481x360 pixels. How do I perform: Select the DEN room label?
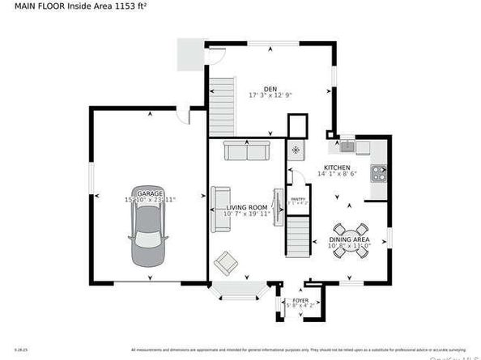point(270,89)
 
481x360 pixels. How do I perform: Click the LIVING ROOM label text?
point(247,208)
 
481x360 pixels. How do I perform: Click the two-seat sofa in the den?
point(247,150)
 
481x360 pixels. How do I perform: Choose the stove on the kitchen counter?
point(378,172)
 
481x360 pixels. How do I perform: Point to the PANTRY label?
point(298,198)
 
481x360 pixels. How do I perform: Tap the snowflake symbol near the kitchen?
point(296,150)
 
